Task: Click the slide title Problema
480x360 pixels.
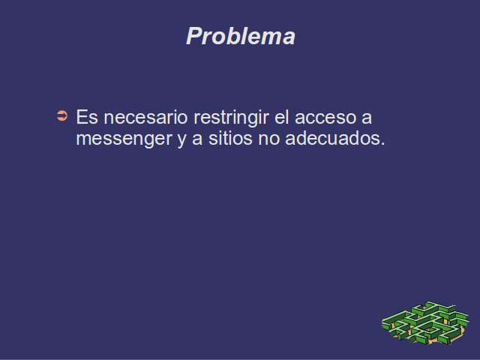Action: tap(241, 36)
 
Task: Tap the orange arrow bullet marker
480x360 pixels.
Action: tap(62, 115)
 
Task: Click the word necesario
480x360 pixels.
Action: tap(145, 117)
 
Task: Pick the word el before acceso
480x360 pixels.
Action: tap(282, 117)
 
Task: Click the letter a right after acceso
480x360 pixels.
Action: tap(367, 118)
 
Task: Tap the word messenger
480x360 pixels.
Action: tap(124, 139)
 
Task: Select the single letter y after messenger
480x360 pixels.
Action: tap(181, 141)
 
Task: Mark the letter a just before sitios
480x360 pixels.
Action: tap(197, 139)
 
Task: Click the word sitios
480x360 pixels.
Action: tap(230, 138)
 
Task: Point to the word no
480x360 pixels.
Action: tap(269, 139)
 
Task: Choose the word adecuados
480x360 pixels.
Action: tap(332, 138)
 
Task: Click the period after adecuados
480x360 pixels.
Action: tap(382, 143)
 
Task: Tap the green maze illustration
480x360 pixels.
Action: tap(425, 323)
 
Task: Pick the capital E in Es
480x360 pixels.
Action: tap(82, 117)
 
